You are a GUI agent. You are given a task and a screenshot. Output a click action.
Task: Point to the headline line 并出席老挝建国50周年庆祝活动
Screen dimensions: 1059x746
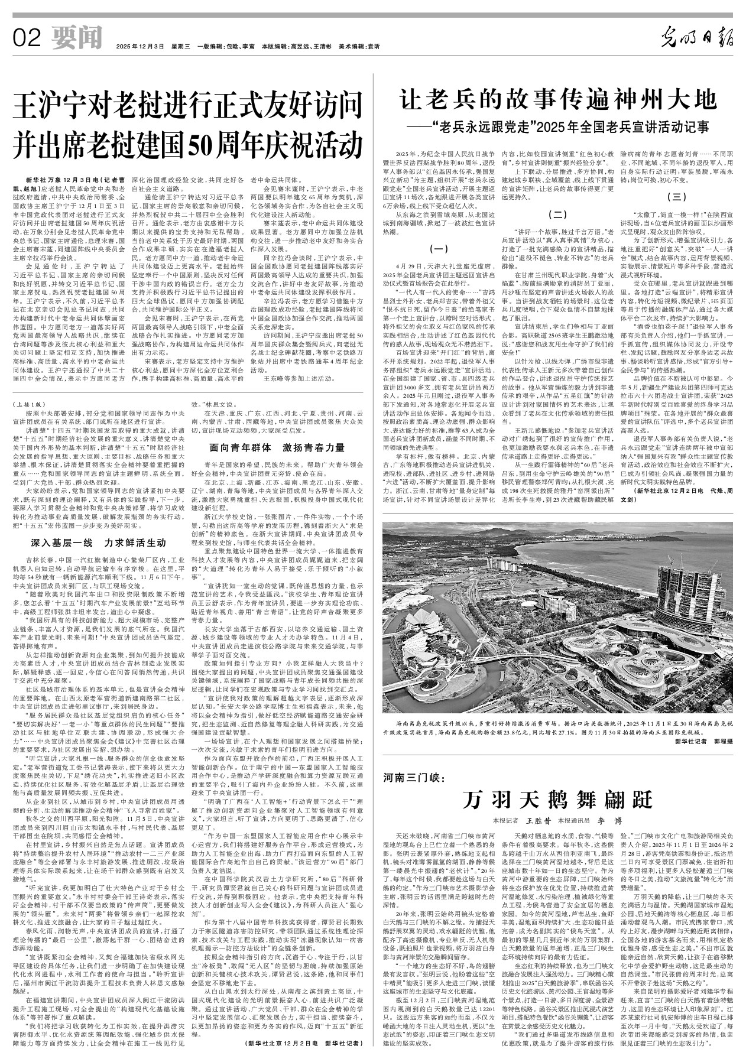click(x=189, y=142)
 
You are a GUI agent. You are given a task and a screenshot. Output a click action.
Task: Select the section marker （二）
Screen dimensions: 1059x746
click(x=559, y=213)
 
